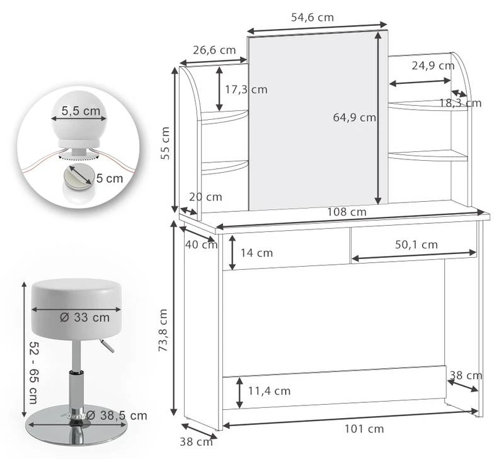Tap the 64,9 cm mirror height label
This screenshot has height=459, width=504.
[354, 117]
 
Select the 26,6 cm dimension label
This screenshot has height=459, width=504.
[214, 50]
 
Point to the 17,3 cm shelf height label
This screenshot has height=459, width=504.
[246, 90]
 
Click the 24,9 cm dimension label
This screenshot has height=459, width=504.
[433, 65]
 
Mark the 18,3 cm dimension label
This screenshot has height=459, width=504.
[460, 103]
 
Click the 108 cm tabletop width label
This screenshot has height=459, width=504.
[346, 212]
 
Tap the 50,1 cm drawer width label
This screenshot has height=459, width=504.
[416, 244]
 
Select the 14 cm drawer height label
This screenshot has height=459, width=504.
[256, 253]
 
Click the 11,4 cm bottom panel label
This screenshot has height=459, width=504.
[269, 391]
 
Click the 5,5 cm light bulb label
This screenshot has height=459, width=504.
[81, 111]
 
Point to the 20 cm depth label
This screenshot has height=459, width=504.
[205, 197]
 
